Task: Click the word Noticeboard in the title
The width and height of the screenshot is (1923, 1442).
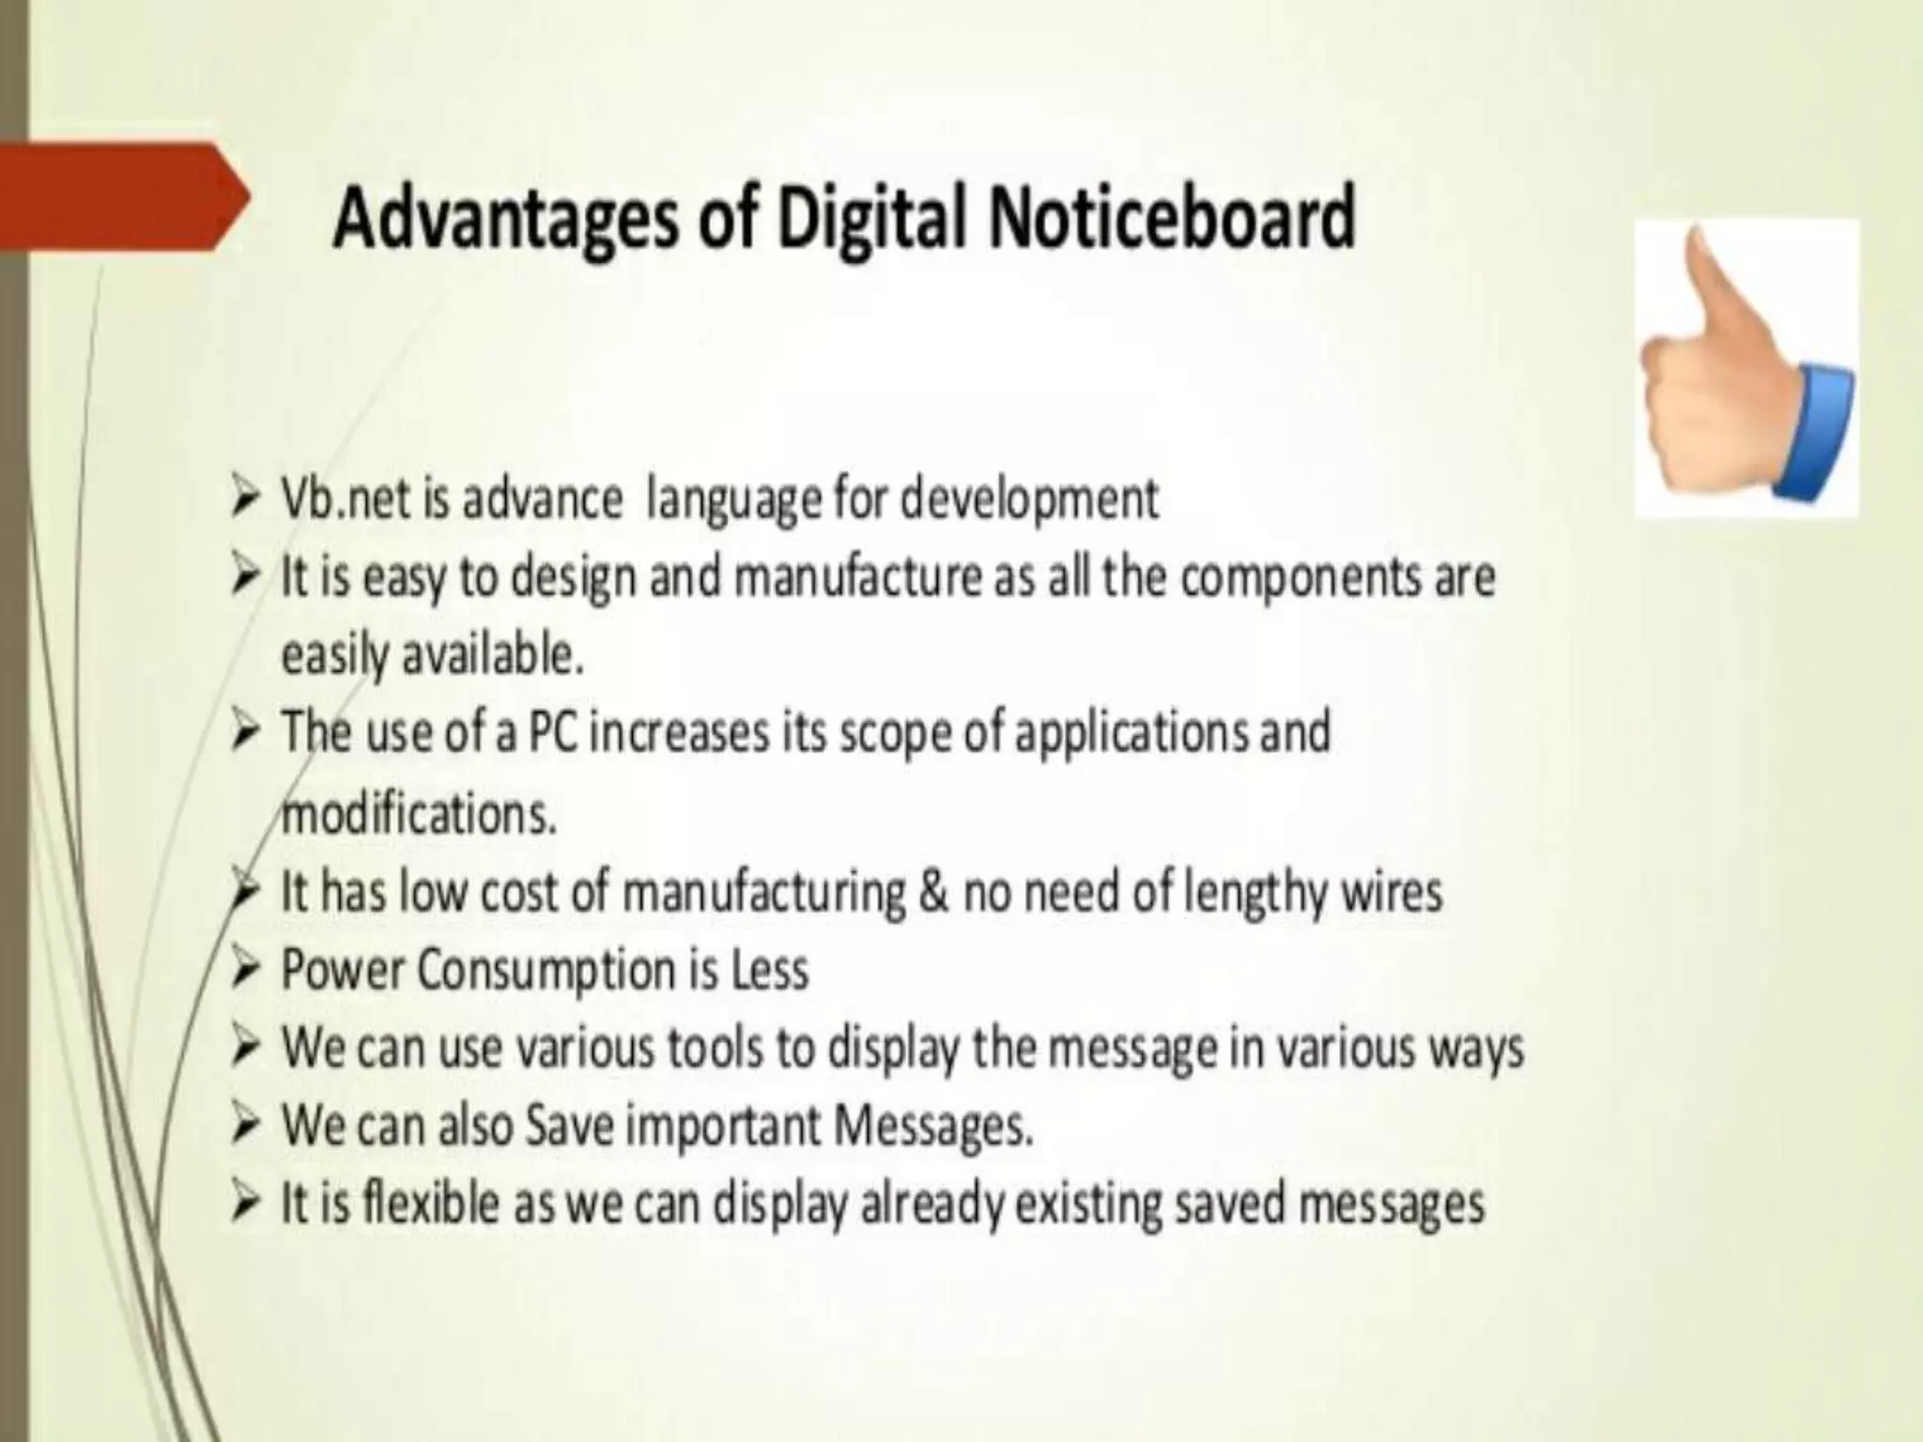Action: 1171,217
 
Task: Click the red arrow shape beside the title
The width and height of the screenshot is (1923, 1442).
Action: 122,196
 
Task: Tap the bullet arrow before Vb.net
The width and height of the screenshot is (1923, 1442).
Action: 245,497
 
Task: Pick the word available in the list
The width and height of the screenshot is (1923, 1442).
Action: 493,654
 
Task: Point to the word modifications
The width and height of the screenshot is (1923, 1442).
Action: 419,813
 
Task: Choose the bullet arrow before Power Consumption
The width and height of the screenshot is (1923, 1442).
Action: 245,969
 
